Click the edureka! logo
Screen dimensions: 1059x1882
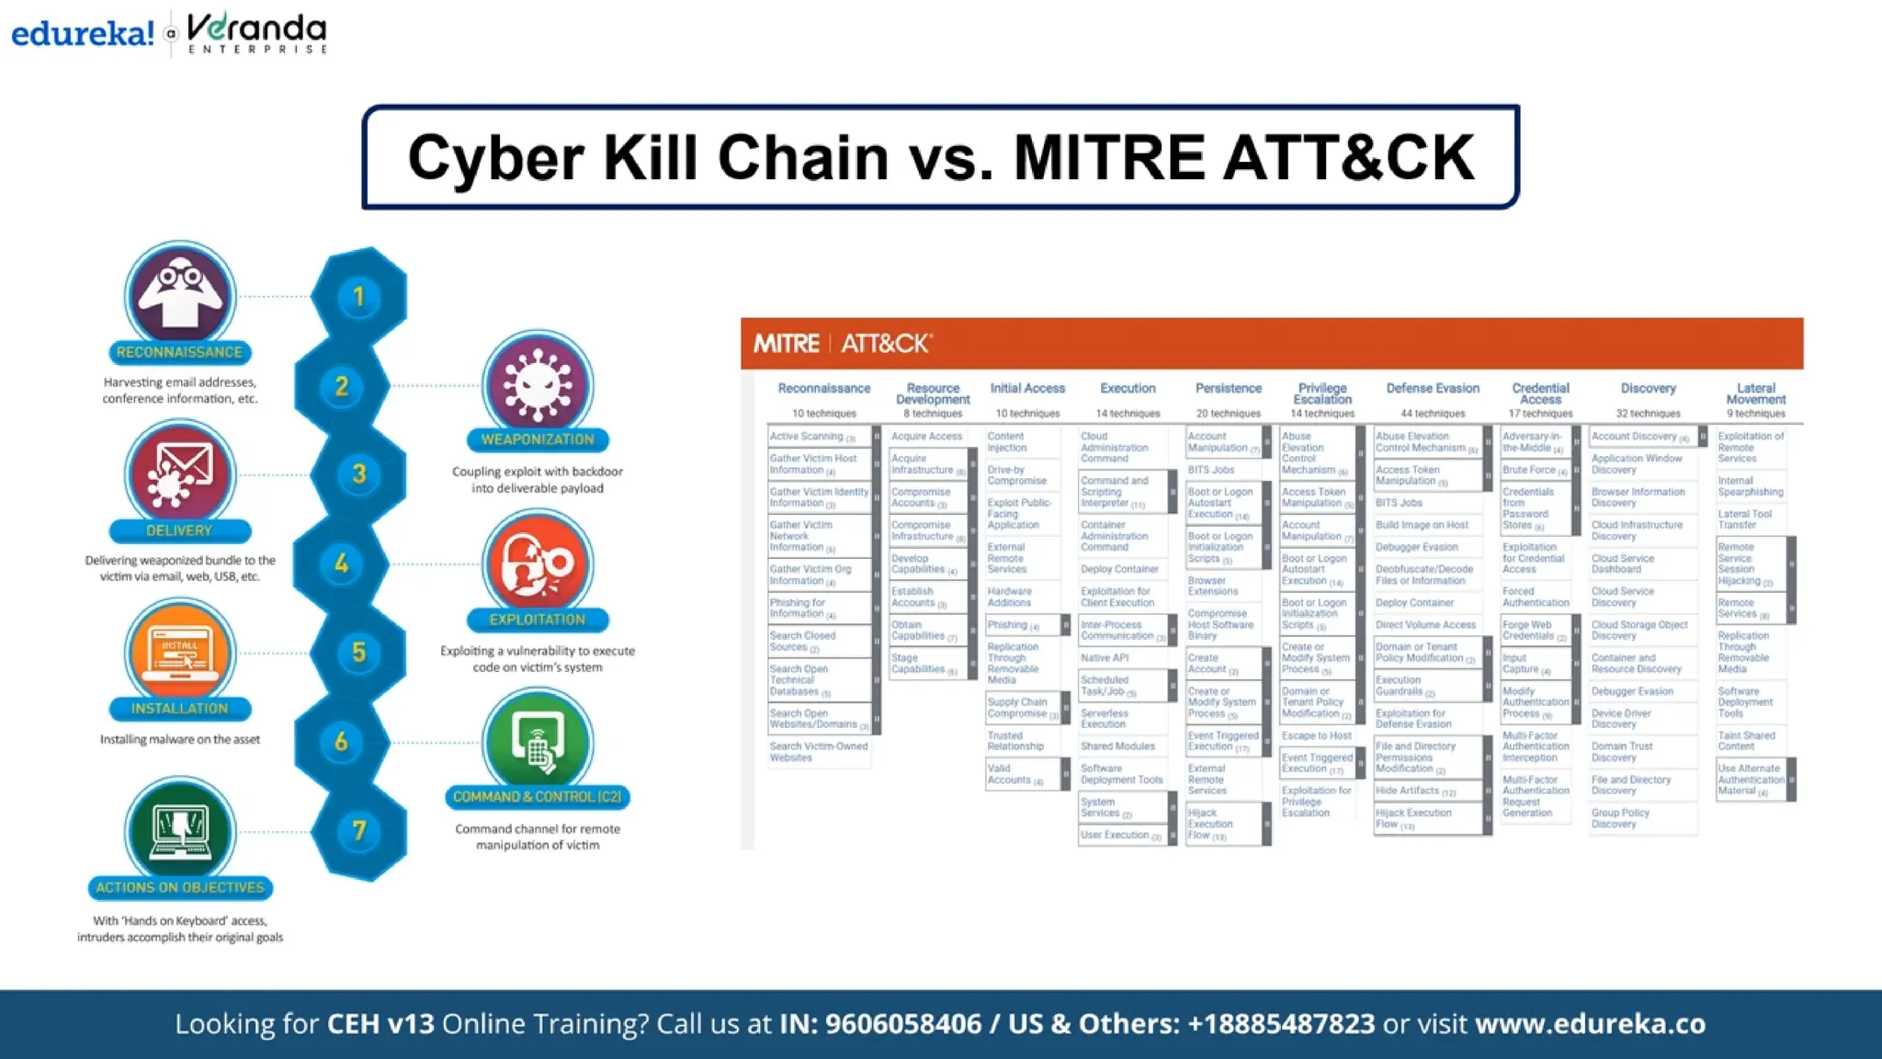(83, 34)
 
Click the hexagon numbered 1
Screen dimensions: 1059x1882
(359, 296)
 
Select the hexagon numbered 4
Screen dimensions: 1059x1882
(342, 564)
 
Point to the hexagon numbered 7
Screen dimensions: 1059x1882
(359, 831)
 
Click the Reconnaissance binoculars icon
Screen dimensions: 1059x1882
(180, 296)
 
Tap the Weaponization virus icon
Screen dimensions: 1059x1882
(538, 384)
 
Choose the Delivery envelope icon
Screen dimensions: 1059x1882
(180, 474)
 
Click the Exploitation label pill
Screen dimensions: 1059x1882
(538, 620)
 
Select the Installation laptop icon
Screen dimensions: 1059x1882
(180, 652)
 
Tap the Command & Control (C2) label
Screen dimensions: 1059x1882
(538, 797)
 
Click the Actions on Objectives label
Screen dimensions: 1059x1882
(180, 888)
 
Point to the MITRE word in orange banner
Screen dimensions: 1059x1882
(787, 344)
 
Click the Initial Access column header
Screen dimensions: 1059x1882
(1027, 389)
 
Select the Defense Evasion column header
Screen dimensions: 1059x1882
(1433, 389)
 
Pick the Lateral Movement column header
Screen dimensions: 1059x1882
(1755, 393)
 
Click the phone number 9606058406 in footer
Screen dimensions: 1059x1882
(903, 1024)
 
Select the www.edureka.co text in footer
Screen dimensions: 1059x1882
(1590, 1024)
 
